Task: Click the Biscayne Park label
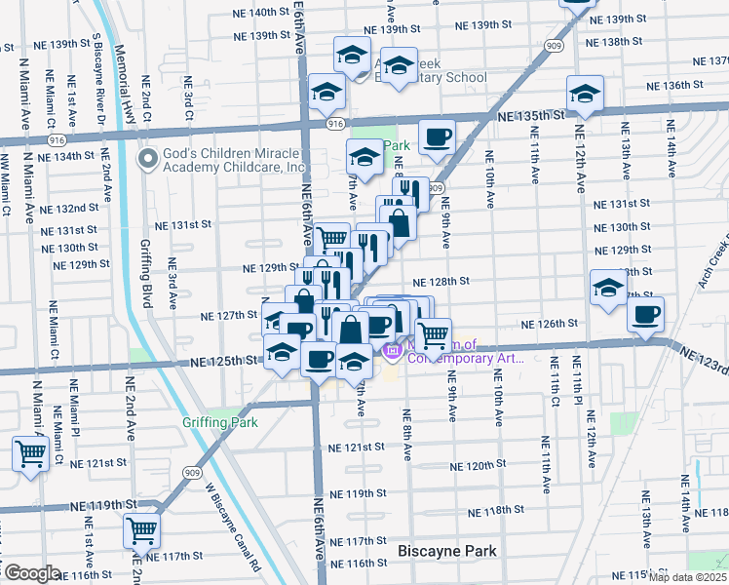click(x=447, y=551)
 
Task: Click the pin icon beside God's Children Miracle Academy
click(x=148, y=159)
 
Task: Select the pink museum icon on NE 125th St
click(x=393, y=350)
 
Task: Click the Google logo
click(x=31, y=572)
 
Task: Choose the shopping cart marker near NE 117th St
click(x=142, y=530)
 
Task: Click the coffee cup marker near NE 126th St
click(x=645, y=315)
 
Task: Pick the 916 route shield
click(x=335, y=124)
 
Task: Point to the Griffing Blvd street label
click(x=147, y=275)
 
